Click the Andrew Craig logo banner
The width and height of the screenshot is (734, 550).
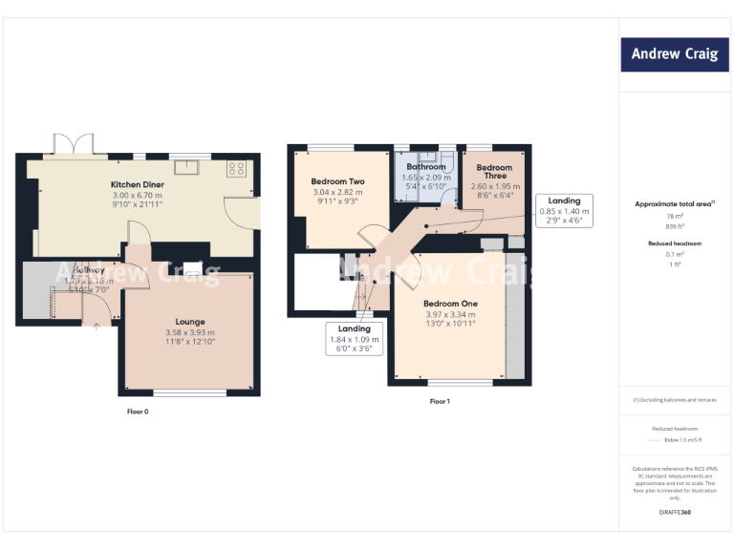[x=674, y=54]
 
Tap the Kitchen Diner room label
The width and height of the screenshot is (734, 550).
[x=138, y=184]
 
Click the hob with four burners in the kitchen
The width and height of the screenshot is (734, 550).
[x=236, y=169]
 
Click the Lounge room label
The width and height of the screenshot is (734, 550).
[x=189, y=322]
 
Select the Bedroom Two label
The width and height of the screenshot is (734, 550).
[x=337, y=181]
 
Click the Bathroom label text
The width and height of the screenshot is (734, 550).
[x=425, y=167]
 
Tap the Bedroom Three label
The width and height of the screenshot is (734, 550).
[x=495, y=172]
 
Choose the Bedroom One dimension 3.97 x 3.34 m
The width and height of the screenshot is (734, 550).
[x=449, y=314]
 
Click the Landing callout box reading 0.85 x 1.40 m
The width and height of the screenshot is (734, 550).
[x=564, y=211]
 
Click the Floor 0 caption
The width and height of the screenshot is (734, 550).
[x=138, y=412]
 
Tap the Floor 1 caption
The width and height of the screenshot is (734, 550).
[x=440, y=401]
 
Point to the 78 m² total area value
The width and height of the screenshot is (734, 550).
[x=674, y=217]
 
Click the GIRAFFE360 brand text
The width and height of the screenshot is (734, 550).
[x=674, y=513]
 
